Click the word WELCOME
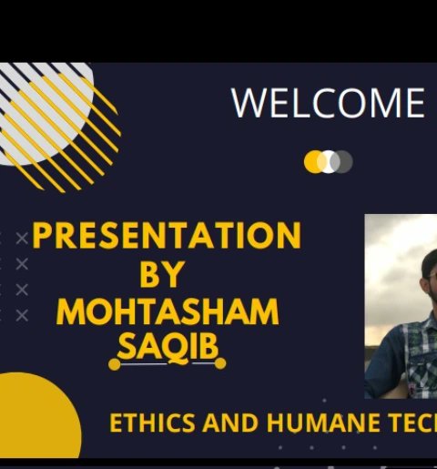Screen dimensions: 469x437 [x=328, y=104]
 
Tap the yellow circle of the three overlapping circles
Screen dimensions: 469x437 [x=314, y=162]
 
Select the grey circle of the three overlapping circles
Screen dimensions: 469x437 [x=343, y=162]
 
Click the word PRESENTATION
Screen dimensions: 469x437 [x=167, y=237]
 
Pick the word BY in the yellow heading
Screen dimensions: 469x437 [x=162, y=274]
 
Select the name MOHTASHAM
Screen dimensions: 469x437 [x=168, y=312]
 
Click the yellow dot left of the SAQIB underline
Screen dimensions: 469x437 [x=114, y=364]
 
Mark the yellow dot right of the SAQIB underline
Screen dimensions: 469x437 [x=220, y=363]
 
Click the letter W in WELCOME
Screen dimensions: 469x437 [x=249, y=104]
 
